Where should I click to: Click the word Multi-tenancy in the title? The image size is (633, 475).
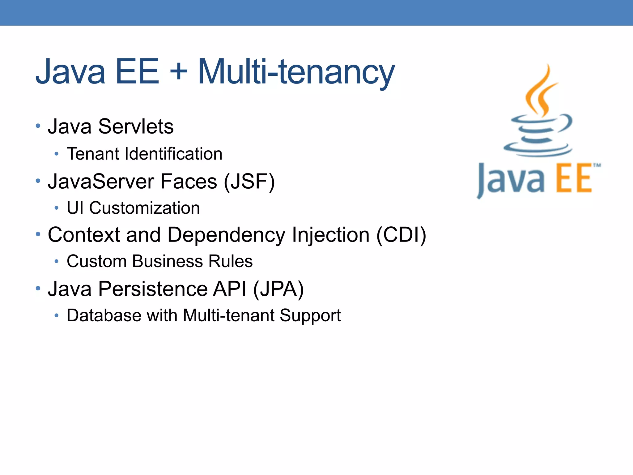296,72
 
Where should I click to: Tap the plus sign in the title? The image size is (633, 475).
179,72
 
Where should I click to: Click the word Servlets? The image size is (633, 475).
136,126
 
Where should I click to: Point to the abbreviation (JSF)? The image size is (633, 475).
249,182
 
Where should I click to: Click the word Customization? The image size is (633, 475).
144,208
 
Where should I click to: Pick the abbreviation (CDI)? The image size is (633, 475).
401,235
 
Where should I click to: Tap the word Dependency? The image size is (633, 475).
226,235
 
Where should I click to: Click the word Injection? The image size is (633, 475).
330,235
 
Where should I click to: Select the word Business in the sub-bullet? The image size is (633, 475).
168,261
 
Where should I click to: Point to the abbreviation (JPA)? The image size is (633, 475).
278,289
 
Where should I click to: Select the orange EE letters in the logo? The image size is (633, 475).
574,180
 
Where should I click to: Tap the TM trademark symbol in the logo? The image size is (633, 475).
597,165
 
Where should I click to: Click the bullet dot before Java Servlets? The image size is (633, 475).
38,126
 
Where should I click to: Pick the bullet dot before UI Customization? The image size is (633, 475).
56,208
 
